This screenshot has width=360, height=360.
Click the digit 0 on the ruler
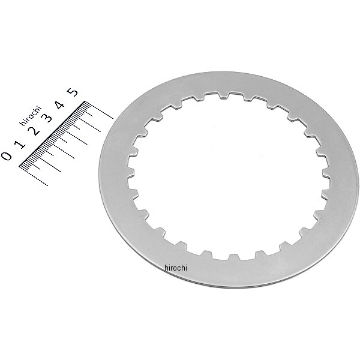point(7,156)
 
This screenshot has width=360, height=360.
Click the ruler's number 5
point(73,92)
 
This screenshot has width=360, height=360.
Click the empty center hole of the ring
point(228,177)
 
